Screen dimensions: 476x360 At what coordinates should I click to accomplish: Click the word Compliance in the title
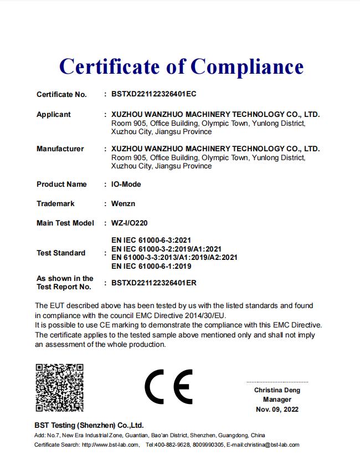tap(247, 67)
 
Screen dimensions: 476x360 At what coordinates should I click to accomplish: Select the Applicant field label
tap(54, 114)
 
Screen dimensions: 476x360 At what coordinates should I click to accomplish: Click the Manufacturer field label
tap(60, 149)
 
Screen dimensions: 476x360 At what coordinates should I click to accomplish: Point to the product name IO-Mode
tap(126, 184)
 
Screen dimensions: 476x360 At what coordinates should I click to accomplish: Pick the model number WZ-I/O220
tap(130, 223)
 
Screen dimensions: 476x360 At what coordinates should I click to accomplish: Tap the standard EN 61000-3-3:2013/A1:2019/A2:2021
tap(174, 257)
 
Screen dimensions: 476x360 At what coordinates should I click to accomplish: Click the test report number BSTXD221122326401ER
tap(154, 283)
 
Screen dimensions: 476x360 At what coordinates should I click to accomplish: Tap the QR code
tap(59, 387)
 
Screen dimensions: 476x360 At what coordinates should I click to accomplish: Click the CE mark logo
tap(168, 387)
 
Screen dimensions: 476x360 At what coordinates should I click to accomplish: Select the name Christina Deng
tap(277, 390)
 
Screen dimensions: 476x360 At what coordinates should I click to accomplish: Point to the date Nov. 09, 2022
tap(277, 410)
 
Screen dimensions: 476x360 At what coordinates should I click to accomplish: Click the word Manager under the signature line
tap(277, 400)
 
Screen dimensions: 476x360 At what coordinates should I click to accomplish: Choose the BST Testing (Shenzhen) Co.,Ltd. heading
tap(89, 425)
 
